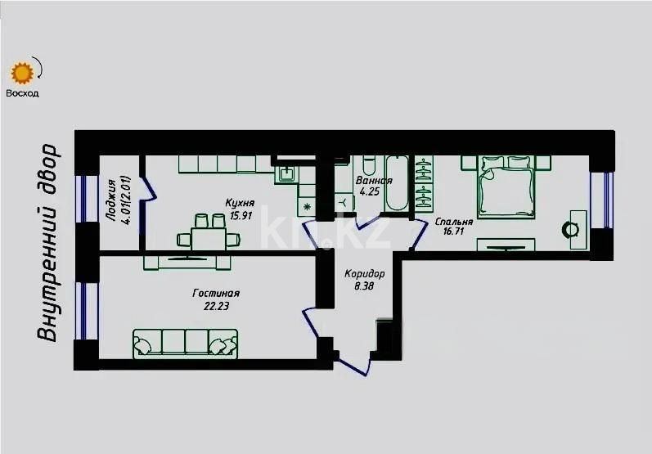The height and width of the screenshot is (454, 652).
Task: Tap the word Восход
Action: tap(22, 92)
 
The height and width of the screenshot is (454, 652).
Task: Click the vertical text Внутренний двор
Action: tap(50, 243)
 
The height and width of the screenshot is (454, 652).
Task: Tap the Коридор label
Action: tap(365, 273)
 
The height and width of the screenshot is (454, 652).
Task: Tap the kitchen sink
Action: tap(289, 173)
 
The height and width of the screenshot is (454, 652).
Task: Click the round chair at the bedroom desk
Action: tap(569, 230)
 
